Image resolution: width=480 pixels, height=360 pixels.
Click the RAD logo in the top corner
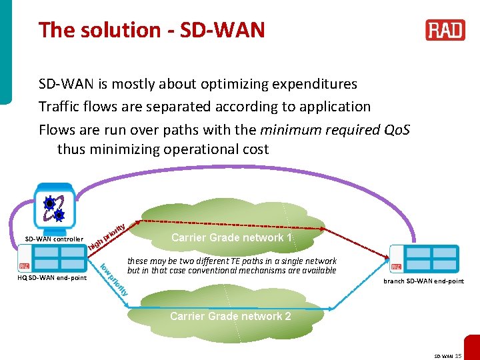point(445,30)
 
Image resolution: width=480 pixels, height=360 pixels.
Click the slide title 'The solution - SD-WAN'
point(152,30)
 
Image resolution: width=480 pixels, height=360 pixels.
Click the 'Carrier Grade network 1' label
point(231,238)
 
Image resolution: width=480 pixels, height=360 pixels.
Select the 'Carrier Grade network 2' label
point(230,316)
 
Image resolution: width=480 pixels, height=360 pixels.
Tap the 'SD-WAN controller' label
point(54,239)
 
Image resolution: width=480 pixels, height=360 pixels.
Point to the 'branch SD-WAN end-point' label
point(423,281)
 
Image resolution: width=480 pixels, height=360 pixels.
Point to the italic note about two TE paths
point(231,266)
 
